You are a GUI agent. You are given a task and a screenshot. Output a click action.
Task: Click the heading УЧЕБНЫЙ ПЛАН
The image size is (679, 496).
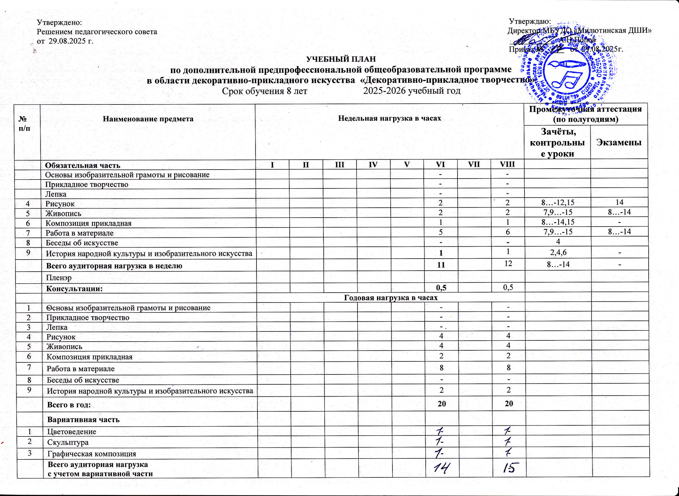pyautogui.click(x=341, y=59)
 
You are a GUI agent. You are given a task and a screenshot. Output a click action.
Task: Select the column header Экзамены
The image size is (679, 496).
pyautogui.click(x=619, y=142)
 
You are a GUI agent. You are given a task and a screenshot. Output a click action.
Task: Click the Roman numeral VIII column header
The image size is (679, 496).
pyautogui.click(x=507, y=164)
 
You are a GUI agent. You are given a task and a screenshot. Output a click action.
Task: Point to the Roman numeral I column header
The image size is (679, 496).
pyautogui.click(x=272, y=165)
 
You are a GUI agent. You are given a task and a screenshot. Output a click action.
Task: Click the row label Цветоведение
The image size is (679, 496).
pyautogui.click(x=72, y=432)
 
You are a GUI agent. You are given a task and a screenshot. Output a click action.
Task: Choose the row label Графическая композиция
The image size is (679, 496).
pyautogui.click(x=92, y=454)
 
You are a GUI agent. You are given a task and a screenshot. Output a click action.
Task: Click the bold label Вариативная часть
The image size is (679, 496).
pyautogui.click(x=83, y=420)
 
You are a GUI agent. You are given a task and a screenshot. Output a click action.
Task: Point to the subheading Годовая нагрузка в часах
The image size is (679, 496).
pyautogui.click(x=391, y=298)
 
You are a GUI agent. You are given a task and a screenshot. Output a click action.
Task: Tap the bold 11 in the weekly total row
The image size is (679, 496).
pyautogui.click(x=441, y=265)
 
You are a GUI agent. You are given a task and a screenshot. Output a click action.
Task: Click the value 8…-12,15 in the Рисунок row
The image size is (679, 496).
pyautogui.click(x=558, y=203)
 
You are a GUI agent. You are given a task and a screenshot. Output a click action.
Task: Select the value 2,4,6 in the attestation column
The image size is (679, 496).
pyautogui.click(x=558, y=253)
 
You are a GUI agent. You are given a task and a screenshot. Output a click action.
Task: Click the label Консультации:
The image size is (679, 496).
pyautogui.click(x=74, y=289)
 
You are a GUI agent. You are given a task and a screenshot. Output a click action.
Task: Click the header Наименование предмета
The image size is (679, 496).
pyautogui.click(x=148, y=119)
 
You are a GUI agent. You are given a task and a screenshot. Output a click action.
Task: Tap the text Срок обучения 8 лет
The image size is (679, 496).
pyautogui.click(x=265, y=91)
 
